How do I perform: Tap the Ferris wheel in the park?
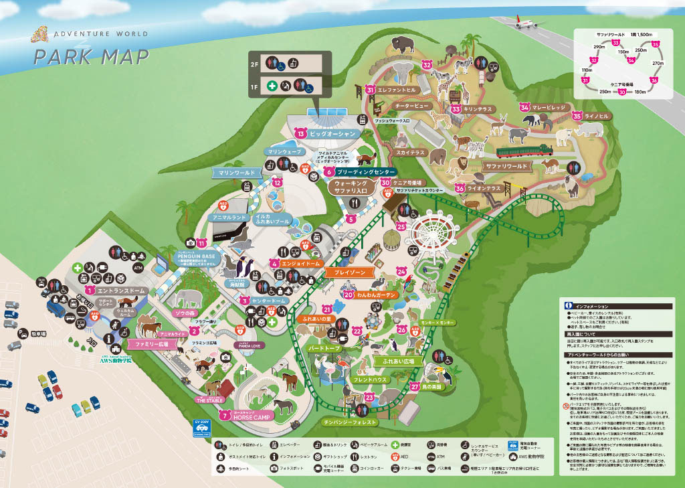click(x=430, y=234)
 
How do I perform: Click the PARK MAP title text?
click(x=92, y=57)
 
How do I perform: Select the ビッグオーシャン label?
click(x=333, y=134)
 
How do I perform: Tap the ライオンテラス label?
click(x=485, y=189)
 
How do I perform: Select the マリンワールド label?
click(x=237, y=173)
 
